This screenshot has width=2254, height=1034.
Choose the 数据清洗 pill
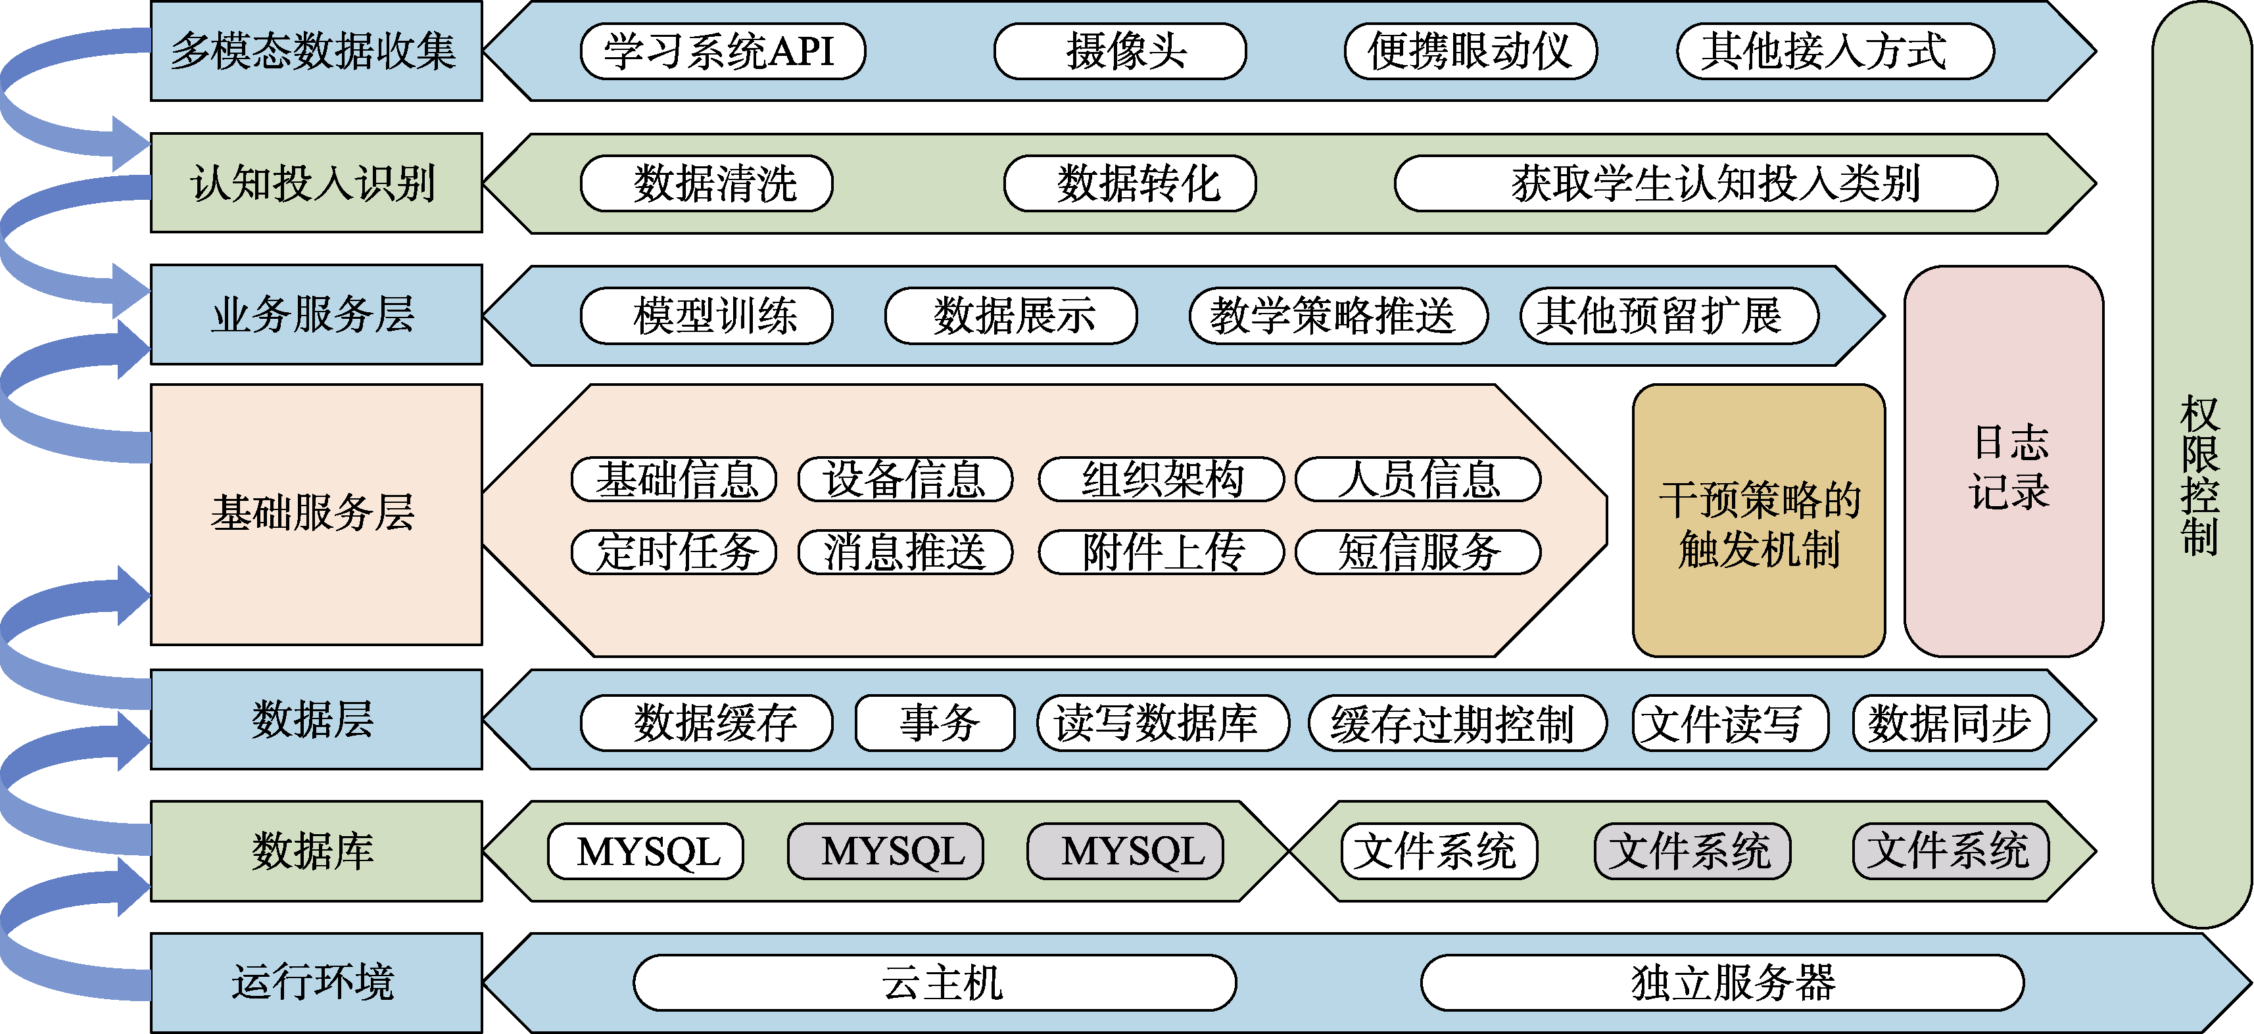click(706, 183)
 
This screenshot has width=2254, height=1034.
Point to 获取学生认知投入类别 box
click(1695, 183)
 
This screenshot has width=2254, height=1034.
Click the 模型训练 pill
click(706, 316)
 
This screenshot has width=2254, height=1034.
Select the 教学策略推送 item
click(1338, 316)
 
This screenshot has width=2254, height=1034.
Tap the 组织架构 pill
click(1161, 479)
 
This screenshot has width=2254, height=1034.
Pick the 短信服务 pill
click(1418, 552)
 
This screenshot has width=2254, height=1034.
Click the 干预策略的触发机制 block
click(1759, 521)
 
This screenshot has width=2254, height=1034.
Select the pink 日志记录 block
click(2003, 462)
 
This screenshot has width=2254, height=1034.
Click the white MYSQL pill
click(646, 851)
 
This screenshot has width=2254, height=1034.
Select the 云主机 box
click(934, 982)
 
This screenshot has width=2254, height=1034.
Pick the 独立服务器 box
click(1722, 982)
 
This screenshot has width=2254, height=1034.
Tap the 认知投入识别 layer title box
click(316, 183)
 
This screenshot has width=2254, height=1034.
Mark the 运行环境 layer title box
click(316, 982)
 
